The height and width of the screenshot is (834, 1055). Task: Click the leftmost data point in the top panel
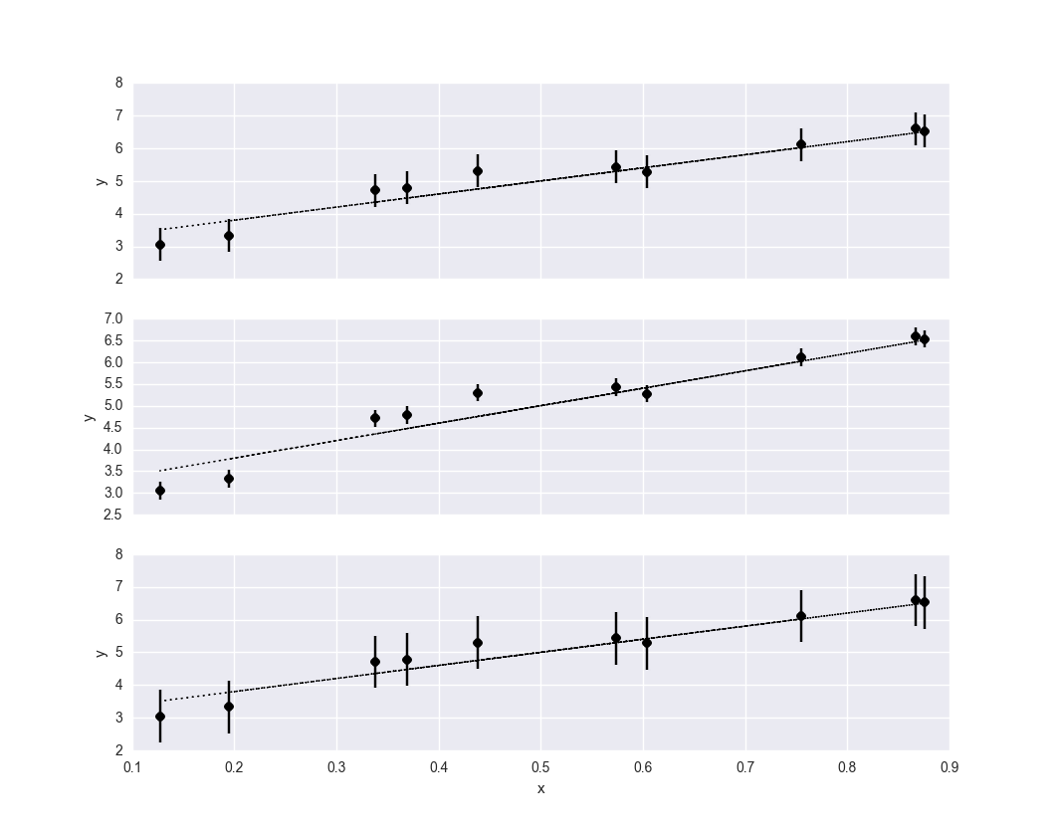(160, 245)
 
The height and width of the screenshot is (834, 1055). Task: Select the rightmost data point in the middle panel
(925, 339)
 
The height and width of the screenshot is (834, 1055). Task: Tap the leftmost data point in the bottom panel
(160, 717)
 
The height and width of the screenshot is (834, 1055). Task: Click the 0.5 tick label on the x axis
(540, 767)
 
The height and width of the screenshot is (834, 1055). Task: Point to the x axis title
(540, 789)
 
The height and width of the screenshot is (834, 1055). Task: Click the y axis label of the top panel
(101, 181)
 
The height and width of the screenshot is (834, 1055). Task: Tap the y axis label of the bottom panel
(101, 653)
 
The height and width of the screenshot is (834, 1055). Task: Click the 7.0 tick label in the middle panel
(112, 318)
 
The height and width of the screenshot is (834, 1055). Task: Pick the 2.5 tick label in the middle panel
(112, 515)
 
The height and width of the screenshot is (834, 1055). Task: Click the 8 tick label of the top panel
(119, 84)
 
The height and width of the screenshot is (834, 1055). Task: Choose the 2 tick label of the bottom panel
(119, 750)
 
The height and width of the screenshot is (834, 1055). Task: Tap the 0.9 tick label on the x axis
(949, 767)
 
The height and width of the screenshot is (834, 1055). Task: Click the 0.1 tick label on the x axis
(132, 767)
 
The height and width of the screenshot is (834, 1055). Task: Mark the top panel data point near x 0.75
(801, 144)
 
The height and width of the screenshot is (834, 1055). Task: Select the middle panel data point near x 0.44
(478, 393)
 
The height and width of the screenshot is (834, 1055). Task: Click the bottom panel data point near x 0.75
(801, 616)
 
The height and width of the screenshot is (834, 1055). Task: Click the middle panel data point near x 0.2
(229, 479)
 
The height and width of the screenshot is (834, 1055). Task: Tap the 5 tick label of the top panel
(119, 181)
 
